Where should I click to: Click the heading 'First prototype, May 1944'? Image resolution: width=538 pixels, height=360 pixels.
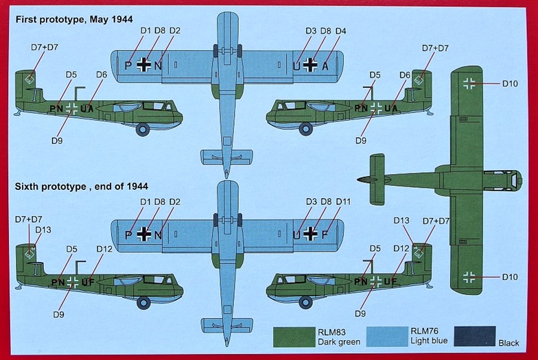[74, 19]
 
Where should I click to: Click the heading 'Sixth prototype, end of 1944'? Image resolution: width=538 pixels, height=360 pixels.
[82, 187]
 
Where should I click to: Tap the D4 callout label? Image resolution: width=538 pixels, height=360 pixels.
[340, 31]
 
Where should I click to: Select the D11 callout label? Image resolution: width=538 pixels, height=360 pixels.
[343, 202]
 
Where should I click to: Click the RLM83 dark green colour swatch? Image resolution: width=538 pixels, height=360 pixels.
[294, 337]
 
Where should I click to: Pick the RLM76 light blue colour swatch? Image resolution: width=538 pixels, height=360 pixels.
[388, 336]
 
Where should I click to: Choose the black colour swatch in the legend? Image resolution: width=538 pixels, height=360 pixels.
[475, 336]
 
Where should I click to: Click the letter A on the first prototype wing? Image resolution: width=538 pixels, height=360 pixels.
[325, 66]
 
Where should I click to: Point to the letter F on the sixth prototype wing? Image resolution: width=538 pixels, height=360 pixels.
[325, 235]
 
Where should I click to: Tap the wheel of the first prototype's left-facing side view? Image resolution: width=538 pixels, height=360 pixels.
[143, 129]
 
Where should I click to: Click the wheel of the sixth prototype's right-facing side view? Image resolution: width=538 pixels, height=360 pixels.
[305, 302]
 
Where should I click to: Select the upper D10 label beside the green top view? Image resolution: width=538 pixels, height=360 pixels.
[510, 84]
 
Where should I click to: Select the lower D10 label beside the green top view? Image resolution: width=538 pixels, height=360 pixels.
[510, 277]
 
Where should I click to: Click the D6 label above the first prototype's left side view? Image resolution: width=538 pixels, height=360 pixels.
[102, 75]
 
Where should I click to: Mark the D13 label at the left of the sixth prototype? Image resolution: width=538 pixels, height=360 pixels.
[43, 230]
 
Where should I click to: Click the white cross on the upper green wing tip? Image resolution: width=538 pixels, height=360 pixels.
[469, 84]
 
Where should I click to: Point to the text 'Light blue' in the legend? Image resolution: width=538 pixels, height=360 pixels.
[429, 341]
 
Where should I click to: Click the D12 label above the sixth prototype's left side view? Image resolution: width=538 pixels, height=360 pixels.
[104, 249]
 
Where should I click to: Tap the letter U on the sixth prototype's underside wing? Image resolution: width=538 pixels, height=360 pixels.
[296, 235]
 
